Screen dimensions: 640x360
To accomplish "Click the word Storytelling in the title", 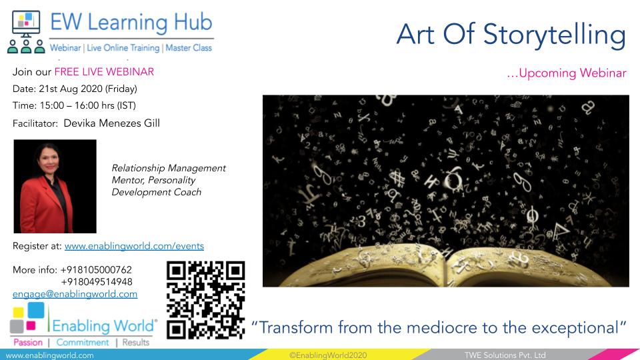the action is pyautogui.click(x=554, y=35).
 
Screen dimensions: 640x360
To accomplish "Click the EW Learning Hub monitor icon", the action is pyautogui.click(x=26, y=24).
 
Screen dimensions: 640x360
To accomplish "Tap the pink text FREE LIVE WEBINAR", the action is pyautogui.click(x=104, y=72).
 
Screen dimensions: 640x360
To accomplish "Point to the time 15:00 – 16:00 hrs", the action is pyautogui.click(x=77, y=105).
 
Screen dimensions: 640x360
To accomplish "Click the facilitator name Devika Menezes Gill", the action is pyautogui.click(x=112, y=123).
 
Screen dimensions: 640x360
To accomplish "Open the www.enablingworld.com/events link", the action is pyautogui.click(x=134, y=246).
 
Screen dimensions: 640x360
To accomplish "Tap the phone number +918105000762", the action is pyautogui.click(x=96, y=270).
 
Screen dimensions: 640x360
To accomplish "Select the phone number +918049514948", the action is pyautogui.click(x=97, y=281).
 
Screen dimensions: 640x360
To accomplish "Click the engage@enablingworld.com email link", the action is pyautogui.click(x=75, y=294).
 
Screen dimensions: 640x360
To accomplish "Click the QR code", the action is pyautogui.click(x=206, y=300).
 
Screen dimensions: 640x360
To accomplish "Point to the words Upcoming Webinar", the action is pyautogui.click(x=573, y=73).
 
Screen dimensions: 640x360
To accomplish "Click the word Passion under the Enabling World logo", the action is pyautogui.click(x=28, y=343).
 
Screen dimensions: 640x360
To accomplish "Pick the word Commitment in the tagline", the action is pyautogui.click(x=83, y=343).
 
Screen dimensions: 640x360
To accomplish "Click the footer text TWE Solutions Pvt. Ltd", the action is pyautogui.click(x=505, y=355).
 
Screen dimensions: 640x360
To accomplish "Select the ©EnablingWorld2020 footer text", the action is pyautogui.click(x=328, y=355).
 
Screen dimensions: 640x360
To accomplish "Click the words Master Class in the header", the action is pyautogui.click(x=189, y=48).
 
